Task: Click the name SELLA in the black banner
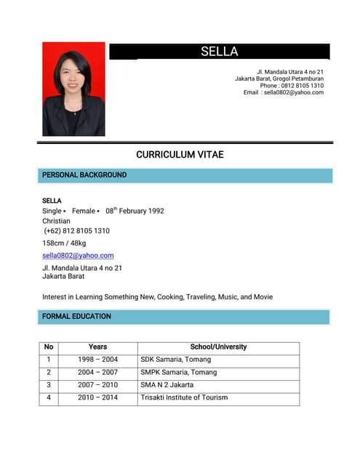coord(219,52)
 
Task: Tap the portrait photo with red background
coord(73,89)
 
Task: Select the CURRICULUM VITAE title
coord(180,155)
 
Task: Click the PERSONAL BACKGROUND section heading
coord(84,175)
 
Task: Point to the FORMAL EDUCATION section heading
coord(76,317)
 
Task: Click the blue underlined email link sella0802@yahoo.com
coord(78,256)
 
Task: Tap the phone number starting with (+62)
coord(76,231)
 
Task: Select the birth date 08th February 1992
coord(135,211)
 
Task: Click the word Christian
coord(56,221)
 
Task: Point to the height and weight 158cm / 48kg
coord(64,243)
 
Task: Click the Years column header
coord(97,347)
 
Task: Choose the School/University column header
coord(218,347)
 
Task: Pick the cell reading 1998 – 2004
coord(97,360)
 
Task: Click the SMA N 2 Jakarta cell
coord(167,385)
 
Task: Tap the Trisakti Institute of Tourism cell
coord(184,397)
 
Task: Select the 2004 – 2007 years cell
coord(97,373)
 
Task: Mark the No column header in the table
coord(49,347)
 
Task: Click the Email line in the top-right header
coord(283,93)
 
